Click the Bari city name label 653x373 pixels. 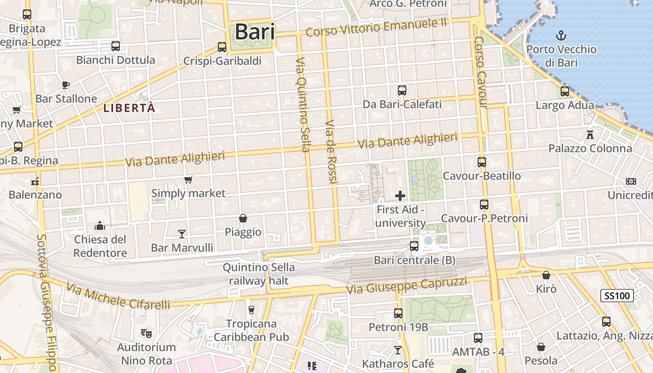click(255, 32)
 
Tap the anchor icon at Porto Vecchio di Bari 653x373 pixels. click(562, 35)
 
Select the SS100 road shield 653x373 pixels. click(617, 295)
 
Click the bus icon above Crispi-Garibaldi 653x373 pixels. click(222, 47)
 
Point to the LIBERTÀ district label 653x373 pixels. click(129, 108)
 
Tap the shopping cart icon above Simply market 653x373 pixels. click(188, 180)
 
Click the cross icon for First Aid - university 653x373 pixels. click(400, 196)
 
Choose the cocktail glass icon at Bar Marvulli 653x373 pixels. click(182, 234)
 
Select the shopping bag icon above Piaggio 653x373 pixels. click(243, 218)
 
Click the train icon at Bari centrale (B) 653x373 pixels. click(414, 246)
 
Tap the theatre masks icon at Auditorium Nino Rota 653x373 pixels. click(146, 333)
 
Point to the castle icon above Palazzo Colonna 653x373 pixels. click(590, 135)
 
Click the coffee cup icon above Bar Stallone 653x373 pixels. click(66, 85)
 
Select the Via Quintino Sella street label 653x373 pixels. click(303, 104)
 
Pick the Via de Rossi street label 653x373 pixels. click(331, 152)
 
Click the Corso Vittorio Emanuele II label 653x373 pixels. click(376, 28)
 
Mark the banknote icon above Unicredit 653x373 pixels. click(631, 181)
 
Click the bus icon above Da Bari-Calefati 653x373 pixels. click(402, 90)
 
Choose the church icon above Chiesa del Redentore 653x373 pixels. click(100, 226)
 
